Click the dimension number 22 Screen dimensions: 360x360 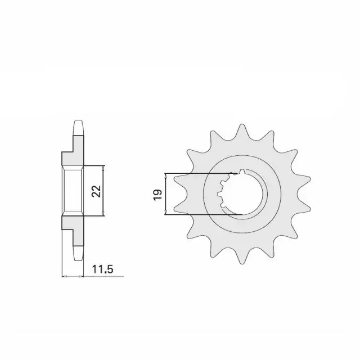click(x=96, y=191)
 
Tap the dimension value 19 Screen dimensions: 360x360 click(x=158, y=195)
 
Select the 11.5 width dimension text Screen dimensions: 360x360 click(x=102, y=269)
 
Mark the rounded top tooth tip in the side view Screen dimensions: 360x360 click(x=78, y=128)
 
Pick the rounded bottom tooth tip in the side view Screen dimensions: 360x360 click(x=78, y=254)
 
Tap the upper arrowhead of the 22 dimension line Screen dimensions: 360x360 click(x=103, y=168)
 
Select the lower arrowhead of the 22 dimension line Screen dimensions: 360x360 click(x=103, y=214)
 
